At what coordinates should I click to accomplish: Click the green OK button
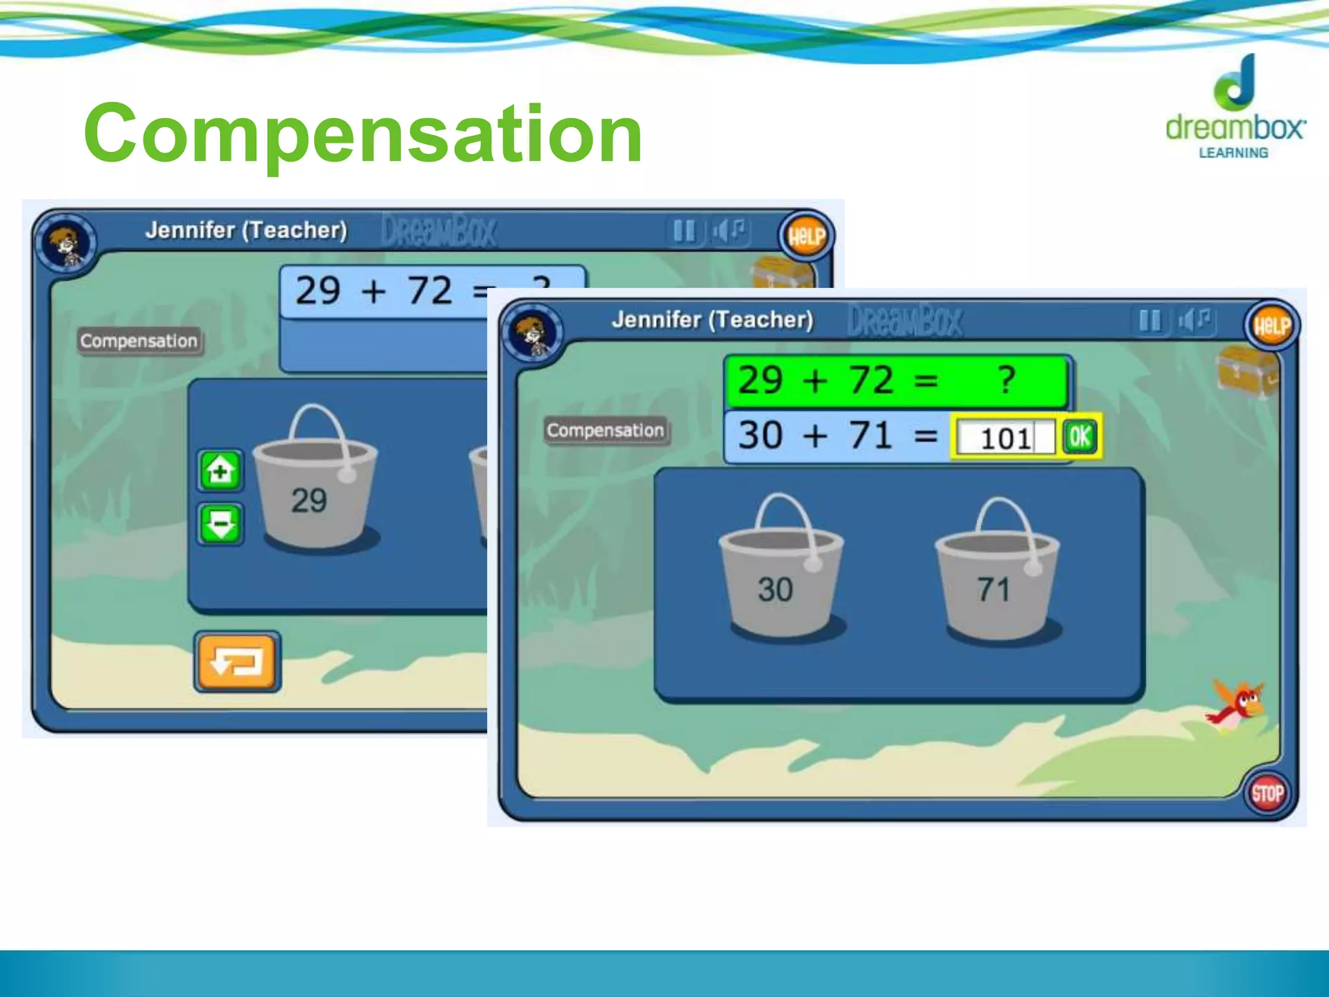(x=1080, y=437)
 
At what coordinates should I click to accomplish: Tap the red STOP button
(x=1267, y=793)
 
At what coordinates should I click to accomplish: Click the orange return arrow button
(x=238, y=662)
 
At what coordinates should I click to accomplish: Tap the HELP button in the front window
(x=1271, y=326)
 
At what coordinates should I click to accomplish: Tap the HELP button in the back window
(x=806, y=236)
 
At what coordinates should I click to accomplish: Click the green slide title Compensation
(x=363, y=134)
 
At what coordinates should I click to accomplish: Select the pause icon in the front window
(x=1149, y=320)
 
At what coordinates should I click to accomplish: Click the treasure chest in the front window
(x=1247, y=372)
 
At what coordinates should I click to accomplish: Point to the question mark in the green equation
(x=1006, y=380)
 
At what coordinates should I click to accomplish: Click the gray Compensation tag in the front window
(x=605, y=430)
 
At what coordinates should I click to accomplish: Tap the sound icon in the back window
(x=730, y=230)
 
